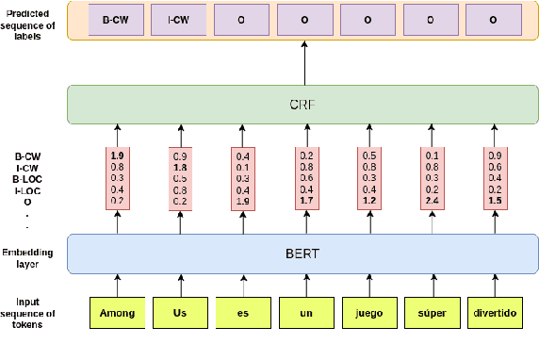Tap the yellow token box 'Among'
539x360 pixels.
(x=117, y=313)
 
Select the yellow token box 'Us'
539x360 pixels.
(x=180, y=313)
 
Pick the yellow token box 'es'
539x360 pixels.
(x=242, y=313)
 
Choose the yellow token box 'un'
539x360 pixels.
(x=305, y=313)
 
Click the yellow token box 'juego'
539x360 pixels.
(x=368, y=313)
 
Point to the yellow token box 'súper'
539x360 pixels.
(x=431, y=313)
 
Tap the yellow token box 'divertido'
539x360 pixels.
(x=494, y=313)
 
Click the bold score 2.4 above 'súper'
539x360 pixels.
(x=432, y=201)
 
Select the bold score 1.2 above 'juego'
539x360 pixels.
(x=368, y=201)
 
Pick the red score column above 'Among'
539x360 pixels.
(x=117, y=178)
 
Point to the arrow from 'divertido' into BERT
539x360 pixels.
(x=494, y=282)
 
